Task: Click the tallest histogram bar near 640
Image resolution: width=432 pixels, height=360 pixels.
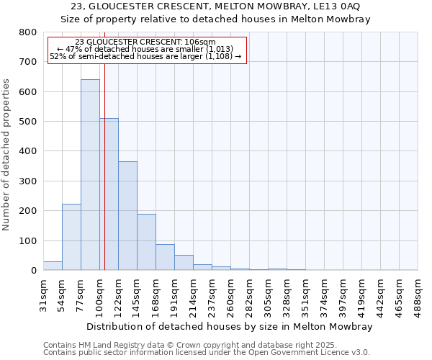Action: (90, 175)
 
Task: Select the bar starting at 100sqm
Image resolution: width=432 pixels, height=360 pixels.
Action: (109, 194)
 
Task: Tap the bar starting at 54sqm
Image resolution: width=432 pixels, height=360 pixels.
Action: (71, 237)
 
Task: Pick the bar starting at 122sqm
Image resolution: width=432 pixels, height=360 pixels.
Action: (127, 216)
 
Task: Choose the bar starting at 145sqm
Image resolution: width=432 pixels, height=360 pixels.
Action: (146, 242)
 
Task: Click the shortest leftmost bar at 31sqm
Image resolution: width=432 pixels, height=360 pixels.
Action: (53, 266)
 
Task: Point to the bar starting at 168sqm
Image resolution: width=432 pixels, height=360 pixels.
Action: (165, 257)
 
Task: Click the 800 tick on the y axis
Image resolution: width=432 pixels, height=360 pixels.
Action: (27, 32)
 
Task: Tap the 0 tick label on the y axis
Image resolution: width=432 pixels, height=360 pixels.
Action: (33, 271)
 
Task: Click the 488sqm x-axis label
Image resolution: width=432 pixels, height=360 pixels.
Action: (418, 295)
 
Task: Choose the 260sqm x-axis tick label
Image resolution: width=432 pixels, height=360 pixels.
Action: (230, 295)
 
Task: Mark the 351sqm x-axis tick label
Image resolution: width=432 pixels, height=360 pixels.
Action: (305, 295)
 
